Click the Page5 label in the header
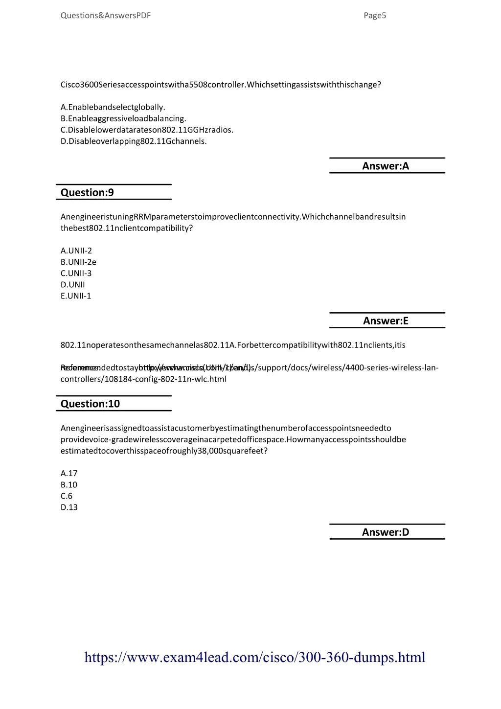[x=375, y=16]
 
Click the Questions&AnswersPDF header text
[x=106, y=16]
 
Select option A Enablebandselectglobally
[x=113, y=107]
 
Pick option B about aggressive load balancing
[x=123, y=118]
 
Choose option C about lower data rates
[x=147, y=130]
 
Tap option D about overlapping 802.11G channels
[x=134, y=141]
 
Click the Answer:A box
[x=386, y=166]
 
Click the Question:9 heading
[x=87, y=192]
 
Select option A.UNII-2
[x=76, y=251]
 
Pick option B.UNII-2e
[x=78, y=262]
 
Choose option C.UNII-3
[x=76, y=273]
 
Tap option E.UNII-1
[x=76, y=296]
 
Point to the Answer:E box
[x=386, y=320]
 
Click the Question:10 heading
[x=90, y=404]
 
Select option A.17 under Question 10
[x=69, y=473]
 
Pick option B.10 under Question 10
[x=69, y=484]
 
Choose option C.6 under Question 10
[x=67, y=496]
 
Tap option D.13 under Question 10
[x=69, y=507]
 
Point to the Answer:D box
[x=386, y=532]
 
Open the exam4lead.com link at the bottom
[x=255, y=657]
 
